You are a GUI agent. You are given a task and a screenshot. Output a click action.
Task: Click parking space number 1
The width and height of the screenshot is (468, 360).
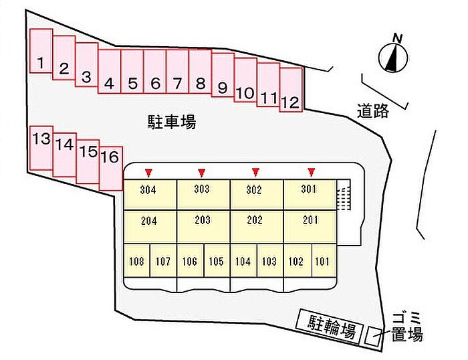[x=41, y=51]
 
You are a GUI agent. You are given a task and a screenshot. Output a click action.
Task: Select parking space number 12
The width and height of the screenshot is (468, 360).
[x=291, y=90]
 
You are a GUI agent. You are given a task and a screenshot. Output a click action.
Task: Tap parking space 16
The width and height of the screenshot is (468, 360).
[x=111, y=169]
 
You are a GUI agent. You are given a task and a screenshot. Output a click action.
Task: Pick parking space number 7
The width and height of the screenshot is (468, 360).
[x=178, y=72]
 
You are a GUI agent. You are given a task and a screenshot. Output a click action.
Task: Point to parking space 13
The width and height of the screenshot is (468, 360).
[x=41, y=148]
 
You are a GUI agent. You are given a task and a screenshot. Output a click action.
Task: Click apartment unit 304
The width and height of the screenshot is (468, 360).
[x=150, y=195]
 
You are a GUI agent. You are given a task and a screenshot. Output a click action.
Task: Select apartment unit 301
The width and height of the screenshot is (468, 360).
[x=310, y=195]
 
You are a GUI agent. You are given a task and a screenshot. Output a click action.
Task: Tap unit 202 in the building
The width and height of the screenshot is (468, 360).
[x=257, y=226]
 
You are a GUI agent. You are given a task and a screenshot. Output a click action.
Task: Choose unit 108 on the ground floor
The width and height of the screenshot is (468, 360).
[x=136, y=261]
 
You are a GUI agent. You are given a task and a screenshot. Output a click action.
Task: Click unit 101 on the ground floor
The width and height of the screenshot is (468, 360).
[x=324, y=261]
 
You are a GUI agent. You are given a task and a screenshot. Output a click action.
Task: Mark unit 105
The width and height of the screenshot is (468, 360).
[x=217, y=261]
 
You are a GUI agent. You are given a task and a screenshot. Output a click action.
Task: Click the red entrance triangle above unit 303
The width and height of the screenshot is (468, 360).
[x=202, y=173]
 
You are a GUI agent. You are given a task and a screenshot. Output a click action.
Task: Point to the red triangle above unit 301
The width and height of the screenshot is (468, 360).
[x=312, y=172]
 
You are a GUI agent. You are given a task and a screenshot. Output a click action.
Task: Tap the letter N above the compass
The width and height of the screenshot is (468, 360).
[x=397, y=38]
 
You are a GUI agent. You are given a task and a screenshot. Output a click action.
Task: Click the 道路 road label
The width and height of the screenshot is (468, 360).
[x=373, y=111]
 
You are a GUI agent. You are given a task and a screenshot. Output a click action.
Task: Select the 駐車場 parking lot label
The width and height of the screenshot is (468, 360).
[x=172, y=122]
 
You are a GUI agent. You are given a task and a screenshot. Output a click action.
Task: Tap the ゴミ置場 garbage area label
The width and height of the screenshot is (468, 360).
[x=407, y=326]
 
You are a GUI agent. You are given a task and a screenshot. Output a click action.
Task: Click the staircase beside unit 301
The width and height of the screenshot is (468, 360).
[x=344, y=195]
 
